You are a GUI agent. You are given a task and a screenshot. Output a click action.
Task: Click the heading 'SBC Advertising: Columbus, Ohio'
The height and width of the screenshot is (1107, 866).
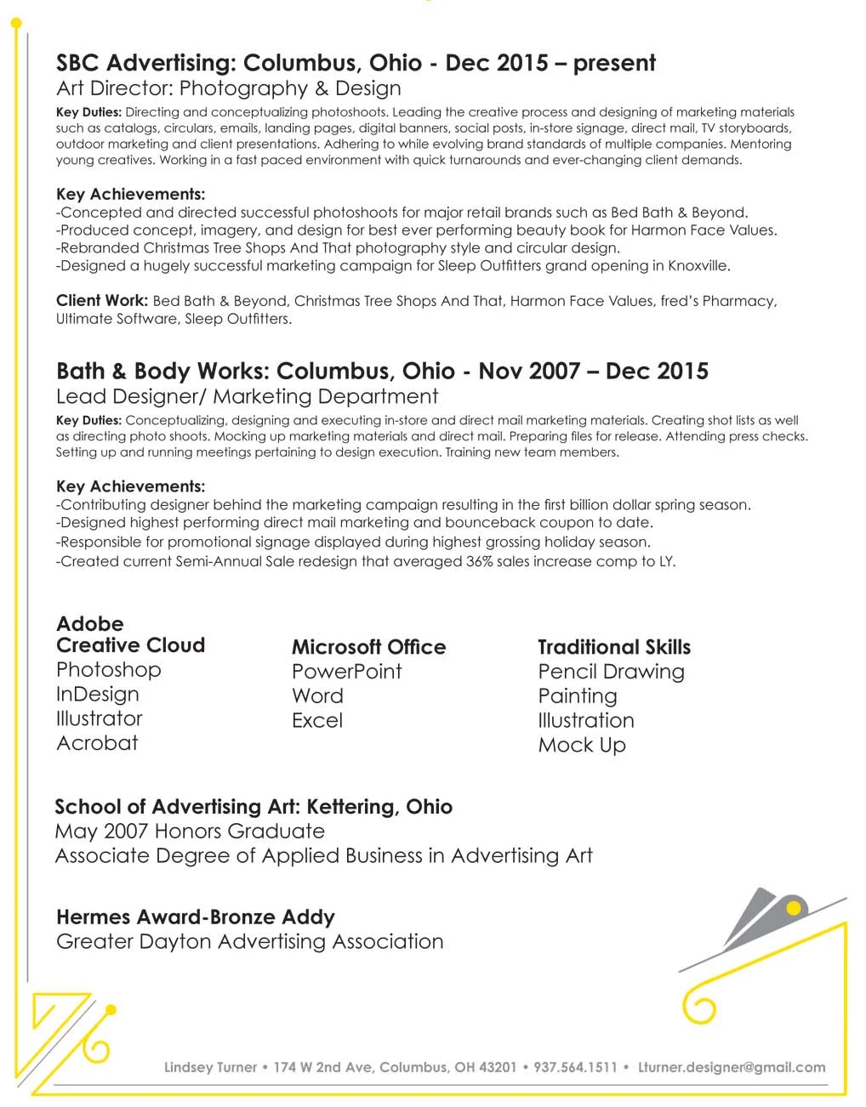238,63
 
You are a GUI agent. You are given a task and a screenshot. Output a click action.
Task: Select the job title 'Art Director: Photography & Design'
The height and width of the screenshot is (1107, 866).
228,88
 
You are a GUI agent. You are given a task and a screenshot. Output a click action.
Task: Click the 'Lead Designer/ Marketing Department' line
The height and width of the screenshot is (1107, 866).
247,397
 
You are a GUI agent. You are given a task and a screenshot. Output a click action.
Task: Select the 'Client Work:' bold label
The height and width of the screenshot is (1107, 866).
102,301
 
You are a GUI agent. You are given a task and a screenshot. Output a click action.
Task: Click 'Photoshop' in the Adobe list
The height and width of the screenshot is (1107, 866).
108,670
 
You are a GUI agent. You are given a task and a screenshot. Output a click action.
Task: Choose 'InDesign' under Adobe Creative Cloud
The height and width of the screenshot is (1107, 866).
97,695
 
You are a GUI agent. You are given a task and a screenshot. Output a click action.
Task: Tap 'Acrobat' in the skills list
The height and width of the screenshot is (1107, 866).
97,743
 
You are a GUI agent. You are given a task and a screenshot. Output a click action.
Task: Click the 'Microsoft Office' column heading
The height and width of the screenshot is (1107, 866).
368,647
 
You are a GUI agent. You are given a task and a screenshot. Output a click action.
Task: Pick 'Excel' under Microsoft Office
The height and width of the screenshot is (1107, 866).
317,721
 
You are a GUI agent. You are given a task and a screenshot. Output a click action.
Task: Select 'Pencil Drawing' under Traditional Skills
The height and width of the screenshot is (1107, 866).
611,672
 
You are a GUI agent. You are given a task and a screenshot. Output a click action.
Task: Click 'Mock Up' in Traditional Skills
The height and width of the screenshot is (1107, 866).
582,746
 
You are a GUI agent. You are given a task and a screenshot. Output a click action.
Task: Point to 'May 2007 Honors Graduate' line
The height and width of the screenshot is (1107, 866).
190,832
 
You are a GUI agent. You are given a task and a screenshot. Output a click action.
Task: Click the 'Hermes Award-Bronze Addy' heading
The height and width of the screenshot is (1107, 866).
195,917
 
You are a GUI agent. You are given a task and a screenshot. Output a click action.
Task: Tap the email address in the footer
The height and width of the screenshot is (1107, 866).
732,1068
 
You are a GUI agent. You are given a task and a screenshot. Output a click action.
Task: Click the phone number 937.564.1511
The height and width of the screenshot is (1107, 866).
575,1068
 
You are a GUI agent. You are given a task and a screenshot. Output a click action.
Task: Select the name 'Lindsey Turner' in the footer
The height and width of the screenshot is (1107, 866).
210,1068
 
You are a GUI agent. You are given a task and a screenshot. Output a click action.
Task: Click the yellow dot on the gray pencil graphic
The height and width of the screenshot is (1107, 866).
794,909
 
